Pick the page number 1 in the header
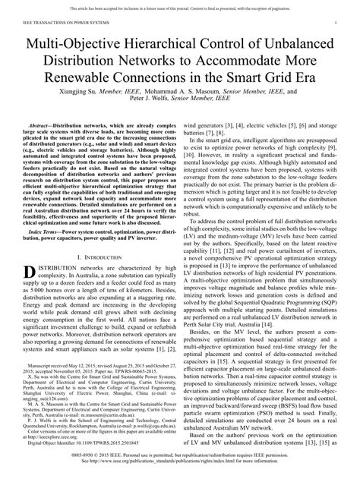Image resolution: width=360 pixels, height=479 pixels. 335,24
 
